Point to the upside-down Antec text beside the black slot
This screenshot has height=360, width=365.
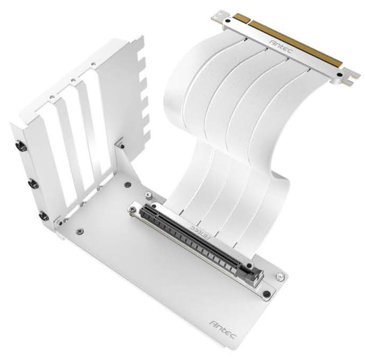[x=201, y=232]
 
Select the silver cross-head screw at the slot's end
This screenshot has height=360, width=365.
[x=133, y=209]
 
